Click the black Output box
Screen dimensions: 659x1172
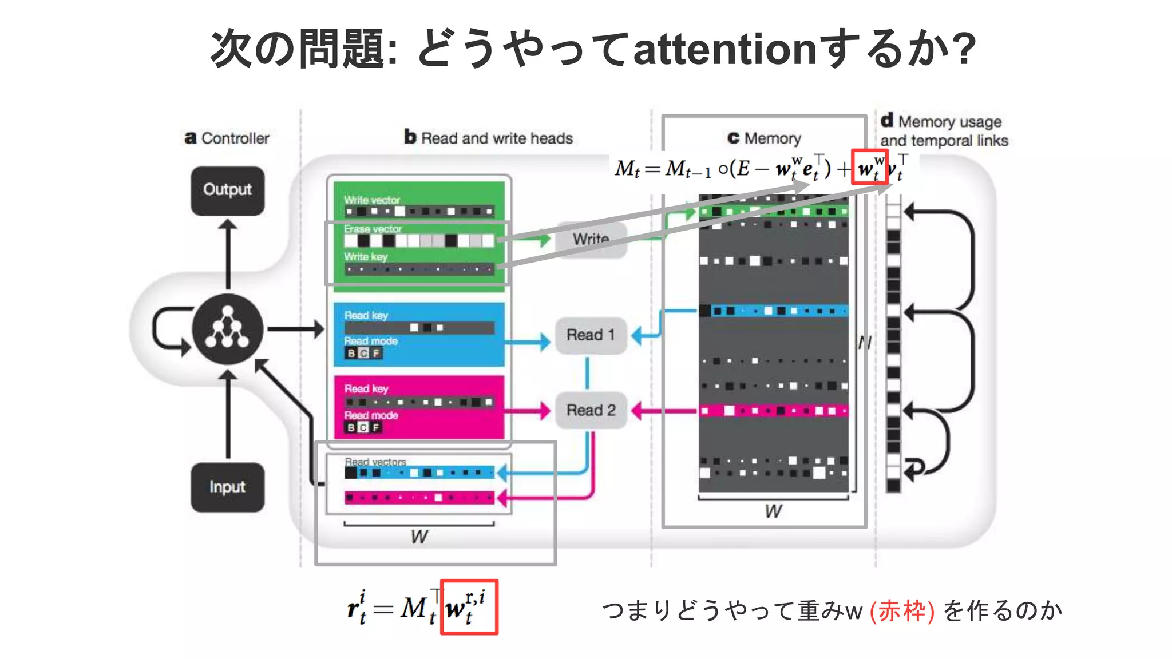[x=227, y=190]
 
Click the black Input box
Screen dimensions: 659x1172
[x=227, y=487]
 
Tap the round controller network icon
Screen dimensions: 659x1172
[x=228, y=329]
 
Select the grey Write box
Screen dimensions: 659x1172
[x=591, y=239]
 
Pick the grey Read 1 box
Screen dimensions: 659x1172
[x=591, y=335]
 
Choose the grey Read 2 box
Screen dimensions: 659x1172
[x=591, y=410]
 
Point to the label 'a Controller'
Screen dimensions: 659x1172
[x=227, y=138]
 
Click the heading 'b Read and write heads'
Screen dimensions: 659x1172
[x=489, y=138]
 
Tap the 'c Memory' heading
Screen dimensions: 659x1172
[x=765, y=138]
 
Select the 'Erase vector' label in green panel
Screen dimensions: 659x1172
[x=373, y=229]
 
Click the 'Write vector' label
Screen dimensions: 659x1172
[x=372, y=200]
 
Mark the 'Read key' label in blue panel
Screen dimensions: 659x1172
[x=366, y=315]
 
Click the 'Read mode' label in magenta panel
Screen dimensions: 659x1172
[x=371, y=415]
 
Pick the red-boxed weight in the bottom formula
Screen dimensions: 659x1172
[x=469, y=607]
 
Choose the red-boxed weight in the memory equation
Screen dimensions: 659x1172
[x=869, y=167]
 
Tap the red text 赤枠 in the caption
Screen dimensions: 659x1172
[x=902, y=610]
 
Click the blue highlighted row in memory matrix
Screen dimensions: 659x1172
[x=773, y=311]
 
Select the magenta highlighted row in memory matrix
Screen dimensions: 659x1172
[x=773, y=411]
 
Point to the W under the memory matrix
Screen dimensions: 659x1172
[x=774, y=511]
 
